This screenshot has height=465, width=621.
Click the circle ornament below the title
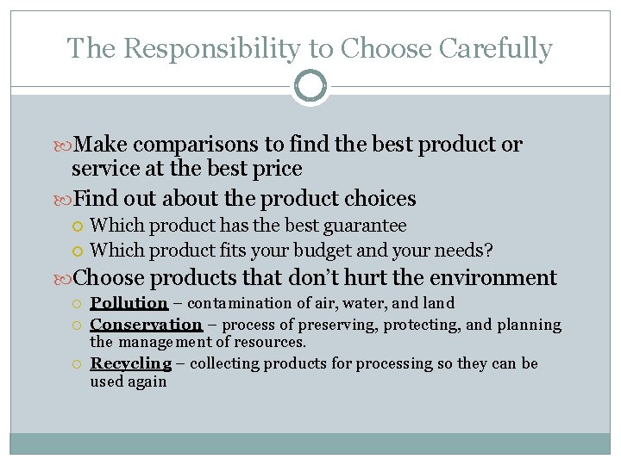coord(310,86)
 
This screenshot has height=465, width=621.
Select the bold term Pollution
coord(129,303)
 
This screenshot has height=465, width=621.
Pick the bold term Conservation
coord(146,325)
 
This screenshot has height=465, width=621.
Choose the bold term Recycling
coord(130,363)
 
